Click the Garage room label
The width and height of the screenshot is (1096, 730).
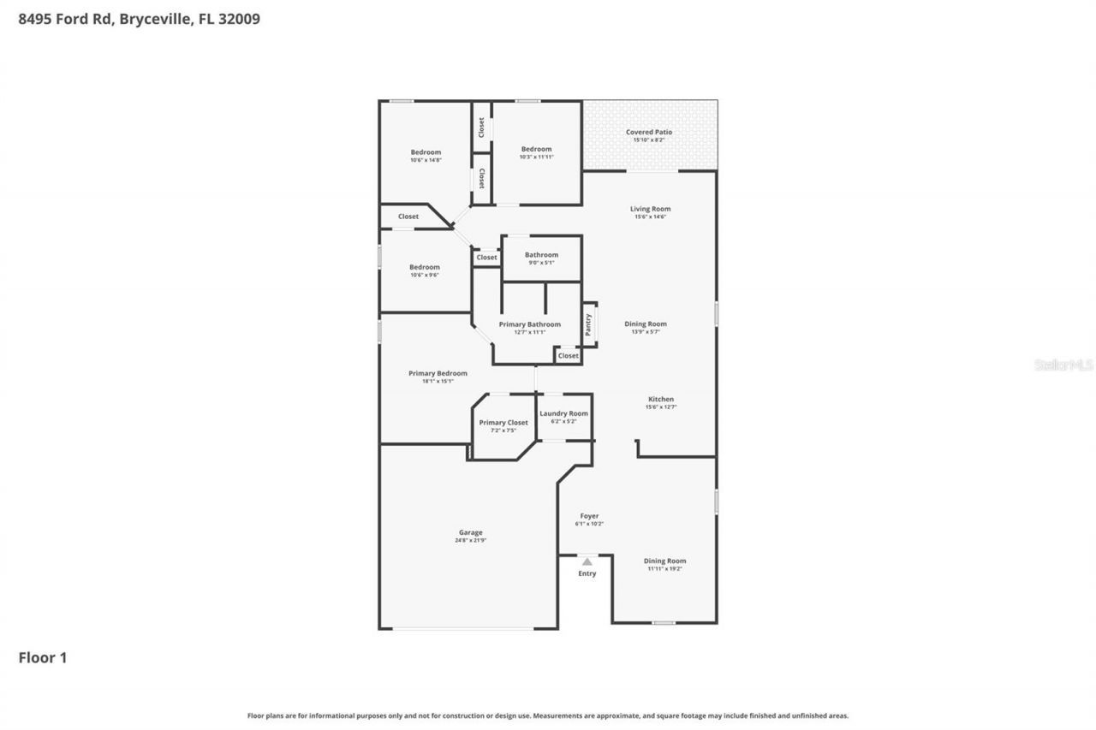[x=470, y=532]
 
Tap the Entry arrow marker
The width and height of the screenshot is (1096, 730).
[x=587, y=561]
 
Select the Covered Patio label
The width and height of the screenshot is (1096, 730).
[x=648, y=133]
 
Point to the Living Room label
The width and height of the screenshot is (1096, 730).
[x=650, y=209]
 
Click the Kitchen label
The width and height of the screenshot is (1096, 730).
[x=660, y=399]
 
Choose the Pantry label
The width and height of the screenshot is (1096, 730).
[x=588, y=324]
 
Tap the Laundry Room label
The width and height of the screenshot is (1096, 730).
[x=563, y=413]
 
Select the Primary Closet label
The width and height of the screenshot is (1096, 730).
[x=503, y=423]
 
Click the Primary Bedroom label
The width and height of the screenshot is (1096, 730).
[x=438, y=373]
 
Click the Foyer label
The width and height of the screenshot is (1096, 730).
[x=589, y=516]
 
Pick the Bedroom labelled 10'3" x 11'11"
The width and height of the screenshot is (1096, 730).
[x=537, y=149]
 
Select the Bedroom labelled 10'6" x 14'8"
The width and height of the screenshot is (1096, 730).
[x=426, y=152]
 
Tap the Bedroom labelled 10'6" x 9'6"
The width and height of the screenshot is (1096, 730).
[x=424, y=267]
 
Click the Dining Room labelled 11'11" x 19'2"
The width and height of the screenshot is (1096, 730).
[x=664, y=561]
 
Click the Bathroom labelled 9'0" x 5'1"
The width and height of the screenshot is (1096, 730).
[x=541, y=255]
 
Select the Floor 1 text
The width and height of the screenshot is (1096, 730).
[x=43, y=657]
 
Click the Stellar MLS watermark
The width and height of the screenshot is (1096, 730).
[x=1063, y=365]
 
